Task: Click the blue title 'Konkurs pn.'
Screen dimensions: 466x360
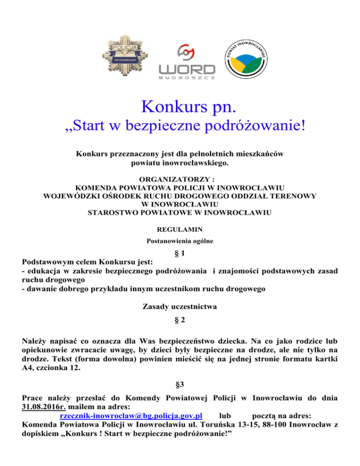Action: pyautogui.click(x=180, y=106)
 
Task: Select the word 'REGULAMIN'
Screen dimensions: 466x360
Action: pyautogui.click(x=180, y=230)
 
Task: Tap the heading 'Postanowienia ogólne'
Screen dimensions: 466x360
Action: pyautogui.click(x=180, y=241)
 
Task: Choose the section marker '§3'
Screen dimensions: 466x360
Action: pyautogui.click(x=180, y=385)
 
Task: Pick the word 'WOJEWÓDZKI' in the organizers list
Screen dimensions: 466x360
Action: pyautogui.click(x=70, y=195)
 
